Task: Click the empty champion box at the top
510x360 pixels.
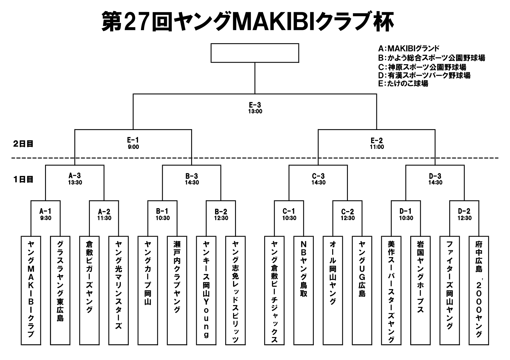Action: point(255,53)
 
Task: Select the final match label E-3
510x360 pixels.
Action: point(255,105)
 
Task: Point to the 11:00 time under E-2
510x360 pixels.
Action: point(377,147)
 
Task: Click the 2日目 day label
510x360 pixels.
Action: point(23,144)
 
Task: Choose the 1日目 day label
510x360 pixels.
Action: point(23,179)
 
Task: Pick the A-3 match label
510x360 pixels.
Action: point(75,176)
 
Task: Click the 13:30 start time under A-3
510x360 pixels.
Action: point(75,183)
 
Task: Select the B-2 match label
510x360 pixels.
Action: point(221,212)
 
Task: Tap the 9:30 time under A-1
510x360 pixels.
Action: point(46,218)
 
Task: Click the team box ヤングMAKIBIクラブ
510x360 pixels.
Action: point(31,290)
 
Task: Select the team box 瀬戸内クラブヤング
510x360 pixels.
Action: point(177,290)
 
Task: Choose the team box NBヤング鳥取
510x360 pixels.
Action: point(303,290)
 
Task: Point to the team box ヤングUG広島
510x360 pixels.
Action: point(362,290)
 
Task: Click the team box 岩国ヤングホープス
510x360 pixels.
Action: point(420,290)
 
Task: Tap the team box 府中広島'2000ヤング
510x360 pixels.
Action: point(479,290)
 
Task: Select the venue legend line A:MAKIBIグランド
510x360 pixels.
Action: point(409,48)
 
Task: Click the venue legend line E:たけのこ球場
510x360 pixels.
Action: point(403,84)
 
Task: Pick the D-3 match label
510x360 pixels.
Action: point(435,176)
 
